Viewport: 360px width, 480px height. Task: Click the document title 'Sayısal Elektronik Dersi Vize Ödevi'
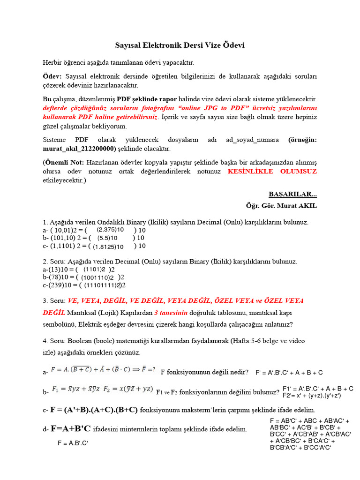180,45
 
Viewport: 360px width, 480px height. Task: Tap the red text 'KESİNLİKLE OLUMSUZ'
272,172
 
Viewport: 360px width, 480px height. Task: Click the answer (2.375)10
110,230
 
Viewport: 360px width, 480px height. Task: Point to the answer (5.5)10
107,238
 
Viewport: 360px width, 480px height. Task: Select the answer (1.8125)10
108,247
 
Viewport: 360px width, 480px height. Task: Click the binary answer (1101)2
94,270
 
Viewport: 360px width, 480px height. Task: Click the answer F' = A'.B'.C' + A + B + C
289,373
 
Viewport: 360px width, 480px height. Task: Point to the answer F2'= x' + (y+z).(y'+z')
312,396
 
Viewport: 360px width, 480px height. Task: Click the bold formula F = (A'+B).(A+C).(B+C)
94,410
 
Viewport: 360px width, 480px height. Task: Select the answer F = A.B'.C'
73,443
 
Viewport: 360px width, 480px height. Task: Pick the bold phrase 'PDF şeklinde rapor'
146,99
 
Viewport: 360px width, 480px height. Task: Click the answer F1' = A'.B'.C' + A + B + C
318,389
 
